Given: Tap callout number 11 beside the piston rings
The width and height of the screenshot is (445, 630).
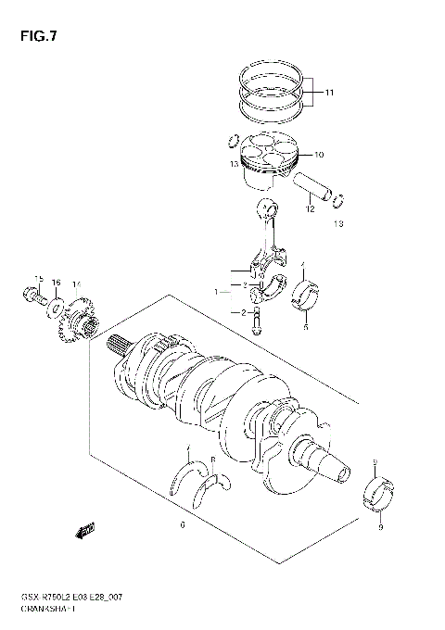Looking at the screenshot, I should [329, 92].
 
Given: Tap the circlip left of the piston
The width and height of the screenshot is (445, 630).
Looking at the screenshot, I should [230, 142].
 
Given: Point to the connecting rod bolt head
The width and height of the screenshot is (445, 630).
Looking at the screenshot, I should [258, 328].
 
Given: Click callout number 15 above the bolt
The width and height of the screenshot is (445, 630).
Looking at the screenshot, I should [40, 279].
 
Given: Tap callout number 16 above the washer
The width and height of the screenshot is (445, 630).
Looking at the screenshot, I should [57, 282].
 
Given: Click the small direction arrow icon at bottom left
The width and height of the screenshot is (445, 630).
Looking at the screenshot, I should [86, 531].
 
